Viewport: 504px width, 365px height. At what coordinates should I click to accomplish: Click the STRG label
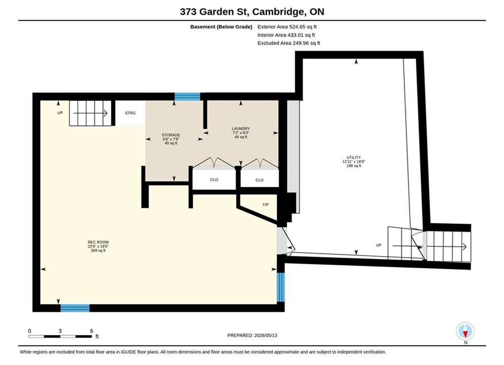pos(130,113)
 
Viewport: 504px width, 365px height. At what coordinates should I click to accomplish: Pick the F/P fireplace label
pos(265,204)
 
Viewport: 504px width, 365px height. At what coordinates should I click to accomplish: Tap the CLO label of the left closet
pos(214,180)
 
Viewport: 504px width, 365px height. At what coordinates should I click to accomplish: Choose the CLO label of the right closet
pos(259,180)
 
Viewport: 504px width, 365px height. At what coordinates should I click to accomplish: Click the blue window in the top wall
pos(187,96)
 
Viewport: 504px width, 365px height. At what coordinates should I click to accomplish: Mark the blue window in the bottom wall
pos(75,308)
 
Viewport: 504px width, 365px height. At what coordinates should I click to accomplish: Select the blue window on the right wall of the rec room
pos(281,287)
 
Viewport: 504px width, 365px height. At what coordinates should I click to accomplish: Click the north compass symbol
pos(465,331)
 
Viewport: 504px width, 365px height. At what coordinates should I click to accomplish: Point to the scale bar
pos(60,337)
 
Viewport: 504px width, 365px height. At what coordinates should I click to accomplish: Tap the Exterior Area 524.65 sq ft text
pos(287,27)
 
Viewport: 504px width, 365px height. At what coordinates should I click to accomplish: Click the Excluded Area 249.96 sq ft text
pos(289,43)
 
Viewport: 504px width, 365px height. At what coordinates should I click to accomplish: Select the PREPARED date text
pos(252,335)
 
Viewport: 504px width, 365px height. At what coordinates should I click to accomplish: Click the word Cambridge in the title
pos(279,12)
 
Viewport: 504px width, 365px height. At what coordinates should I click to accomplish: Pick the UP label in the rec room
pos(60,113)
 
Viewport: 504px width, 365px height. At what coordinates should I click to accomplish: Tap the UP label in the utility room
pos(379,245)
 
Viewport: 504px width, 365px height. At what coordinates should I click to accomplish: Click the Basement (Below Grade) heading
pos(221,27)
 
